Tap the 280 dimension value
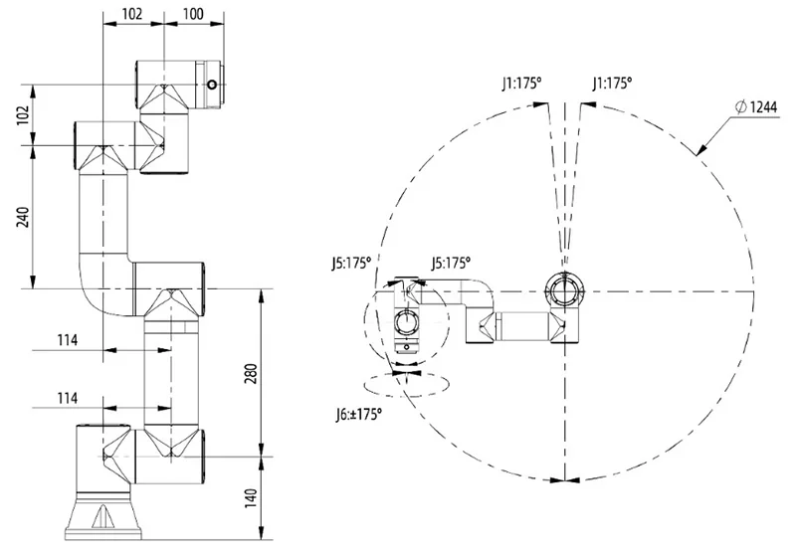point(253,373)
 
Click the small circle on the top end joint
point(212,86)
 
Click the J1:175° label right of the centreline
point(612,85)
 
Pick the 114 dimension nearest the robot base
point(68,398)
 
